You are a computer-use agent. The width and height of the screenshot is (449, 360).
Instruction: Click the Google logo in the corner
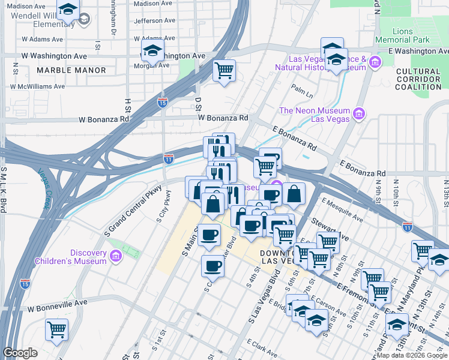coord(20,353)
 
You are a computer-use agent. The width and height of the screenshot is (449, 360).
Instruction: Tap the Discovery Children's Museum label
coord(71,256)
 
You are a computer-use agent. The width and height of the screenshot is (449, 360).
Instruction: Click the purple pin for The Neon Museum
coord(358,113)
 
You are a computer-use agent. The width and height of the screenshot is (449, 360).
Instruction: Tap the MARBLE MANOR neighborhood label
coord(71,70)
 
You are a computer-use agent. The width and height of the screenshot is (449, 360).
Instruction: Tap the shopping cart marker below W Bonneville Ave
coord(56,328)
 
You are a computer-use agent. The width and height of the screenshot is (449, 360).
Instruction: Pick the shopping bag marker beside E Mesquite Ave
coord(294,193)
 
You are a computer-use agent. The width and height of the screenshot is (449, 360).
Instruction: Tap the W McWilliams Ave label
coord(37,86)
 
